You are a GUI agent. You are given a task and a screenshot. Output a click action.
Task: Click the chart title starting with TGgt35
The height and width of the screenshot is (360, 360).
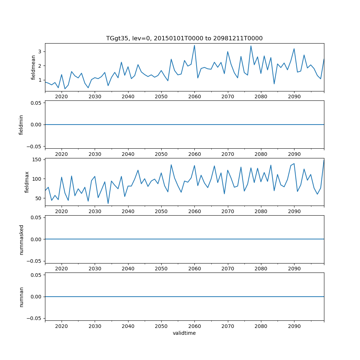tap(184, 38)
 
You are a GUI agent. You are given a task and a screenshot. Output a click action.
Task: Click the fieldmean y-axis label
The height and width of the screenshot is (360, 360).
tap(33, 67)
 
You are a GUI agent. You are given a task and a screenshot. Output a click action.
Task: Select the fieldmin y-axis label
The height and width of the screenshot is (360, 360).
tap(21, 125)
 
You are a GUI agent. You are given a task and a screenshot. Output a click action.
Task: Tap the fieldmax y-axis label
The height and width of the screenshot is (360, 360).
tap(27, 182)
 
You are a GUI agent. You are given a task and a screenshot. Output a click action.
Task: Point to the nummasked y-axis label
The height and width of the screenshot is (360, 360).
tap(21, 239)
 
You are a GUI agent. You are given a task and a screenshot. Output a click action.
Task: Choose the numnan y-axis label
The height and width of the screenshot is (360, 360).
tap(21, 297)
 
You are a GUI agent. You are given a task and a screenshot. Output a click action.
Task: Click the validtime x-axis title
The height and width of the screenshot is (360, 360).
tap(184, 333)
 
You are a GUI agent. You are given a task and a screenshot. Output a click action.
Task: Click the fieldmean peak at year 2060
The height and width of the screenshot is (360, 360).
tap(194, 45)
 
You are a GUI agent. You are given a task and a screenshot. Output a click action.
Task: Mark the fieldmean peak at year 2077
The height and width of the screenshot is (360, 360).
tap(251, 46)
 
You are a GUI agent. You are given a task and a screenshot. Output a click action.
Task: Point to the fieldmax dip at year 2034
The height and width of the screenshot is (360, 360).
tap(108, 204)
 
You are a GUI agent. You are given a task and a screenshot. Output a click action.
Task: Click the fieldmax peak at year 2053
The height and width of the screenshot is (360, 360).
tap(171, 165)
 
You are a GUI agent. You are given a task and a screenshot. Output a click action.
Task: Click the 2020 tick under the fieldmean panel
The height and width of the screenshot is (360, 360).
tap(62, 97)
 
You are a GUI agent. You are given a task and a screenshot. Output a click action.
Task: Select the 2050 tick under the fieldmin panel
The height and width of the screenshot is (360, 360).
tap(161, 154)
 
